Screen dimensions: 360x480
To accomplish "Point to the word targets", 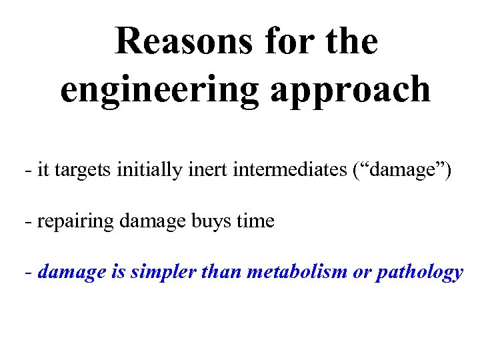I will [85, 171].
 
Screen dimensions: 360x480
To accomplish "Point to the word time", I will [255, 221].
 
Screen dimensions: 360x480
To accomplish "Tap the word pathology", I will [420, 272].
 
